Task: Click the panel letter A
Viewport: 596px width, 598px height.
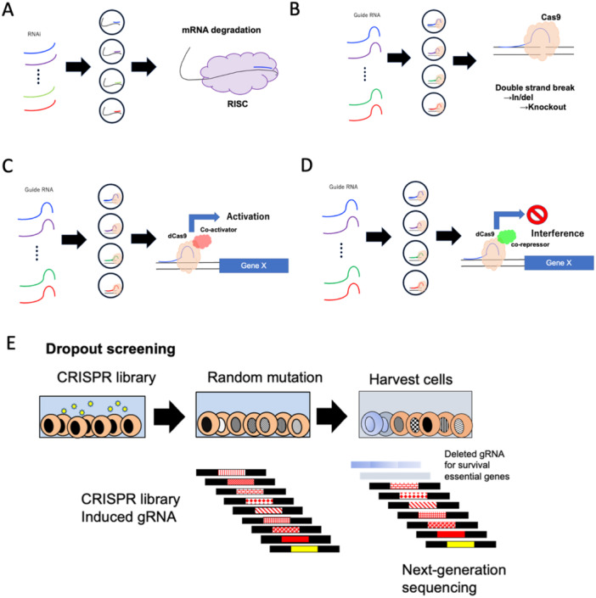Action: pyautogui.click(x=8, y=9)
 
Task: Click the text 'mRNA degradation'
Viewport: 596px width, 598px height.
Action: pyautogui.click(x=222, y=31)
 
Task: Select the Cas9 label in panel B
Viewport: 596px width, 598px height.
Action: pyautogui.click(x=550, y=17)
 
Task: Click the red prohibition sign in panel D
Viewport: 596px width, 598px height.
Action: pyautogui.click(x=537, y=215)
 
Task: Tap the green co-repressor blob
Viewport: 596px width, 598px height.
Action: pyautogui.click(x=507, y=237)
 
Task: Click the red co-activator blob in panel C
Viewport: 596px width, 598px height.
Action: pyautogui.click(x=202, y=242)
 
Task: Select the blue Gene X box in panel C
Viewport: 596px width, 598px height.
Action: pyautogui.click(x=254, y=265)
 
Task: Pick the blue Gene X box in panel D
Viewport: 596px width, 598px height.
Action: pyautogui.click(x=559, y=263)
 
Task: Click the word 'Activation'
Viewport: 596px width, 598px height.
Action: pyautogui.click(x=248, y=216)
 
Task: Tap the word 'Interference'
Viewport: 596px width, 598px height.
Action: pyautogui.click(x=558, y=233)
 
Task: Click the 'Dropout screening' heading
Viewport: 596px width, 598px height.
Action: pyautogui.click(x=110, y=349)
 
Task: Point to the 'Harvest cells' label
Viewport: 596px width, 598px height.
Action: pyautogui.click(x=411, y=380)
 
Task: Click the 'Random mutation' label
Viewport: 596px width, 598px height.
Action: pyautogui.click(x=265, y=377)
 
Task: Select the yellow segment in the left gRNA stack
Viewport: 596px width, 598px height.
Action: pyautogui.click(x=304, y=549)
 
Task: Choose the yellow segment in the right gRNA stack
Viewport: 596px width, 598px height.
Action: pyautogui.click(x=460, y=545)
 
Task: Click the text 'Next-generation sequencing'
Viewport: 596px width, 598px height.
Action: pyautogui.click(x=454, y=578)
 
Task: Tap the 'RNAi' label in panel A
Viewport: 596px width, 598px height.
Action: pyautogui.click(x=34, y=34)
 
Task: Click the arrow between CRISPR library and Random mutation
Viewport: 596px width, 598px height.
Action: pyautogui.click(x=169, y=416)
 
